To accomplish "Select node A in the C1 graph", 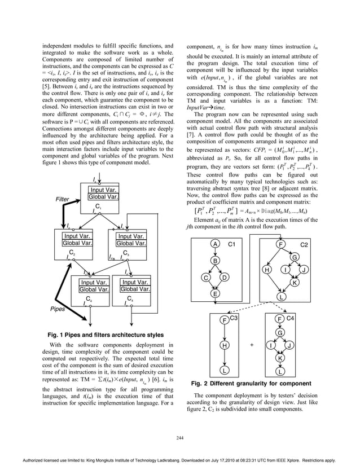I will pos(215,244).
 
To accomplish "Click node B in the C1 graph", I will pos(215,261).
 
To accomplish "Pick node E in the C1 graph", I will pos(215,294).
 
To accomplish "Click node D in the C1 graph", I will pos(224,278).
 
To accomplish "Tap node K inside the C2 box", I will pos(295,283).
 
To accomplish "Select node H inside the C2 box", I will pos(266,270).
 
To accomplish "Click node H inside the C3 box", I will pos(224,345).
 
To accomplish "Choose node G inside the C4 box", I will pos(280,333).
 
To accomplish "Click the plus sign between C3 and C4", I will pos(252,345).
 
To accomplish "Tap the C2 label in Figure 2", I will pos(304,244).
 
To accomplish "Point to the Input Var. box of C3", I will pos(132,236).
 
